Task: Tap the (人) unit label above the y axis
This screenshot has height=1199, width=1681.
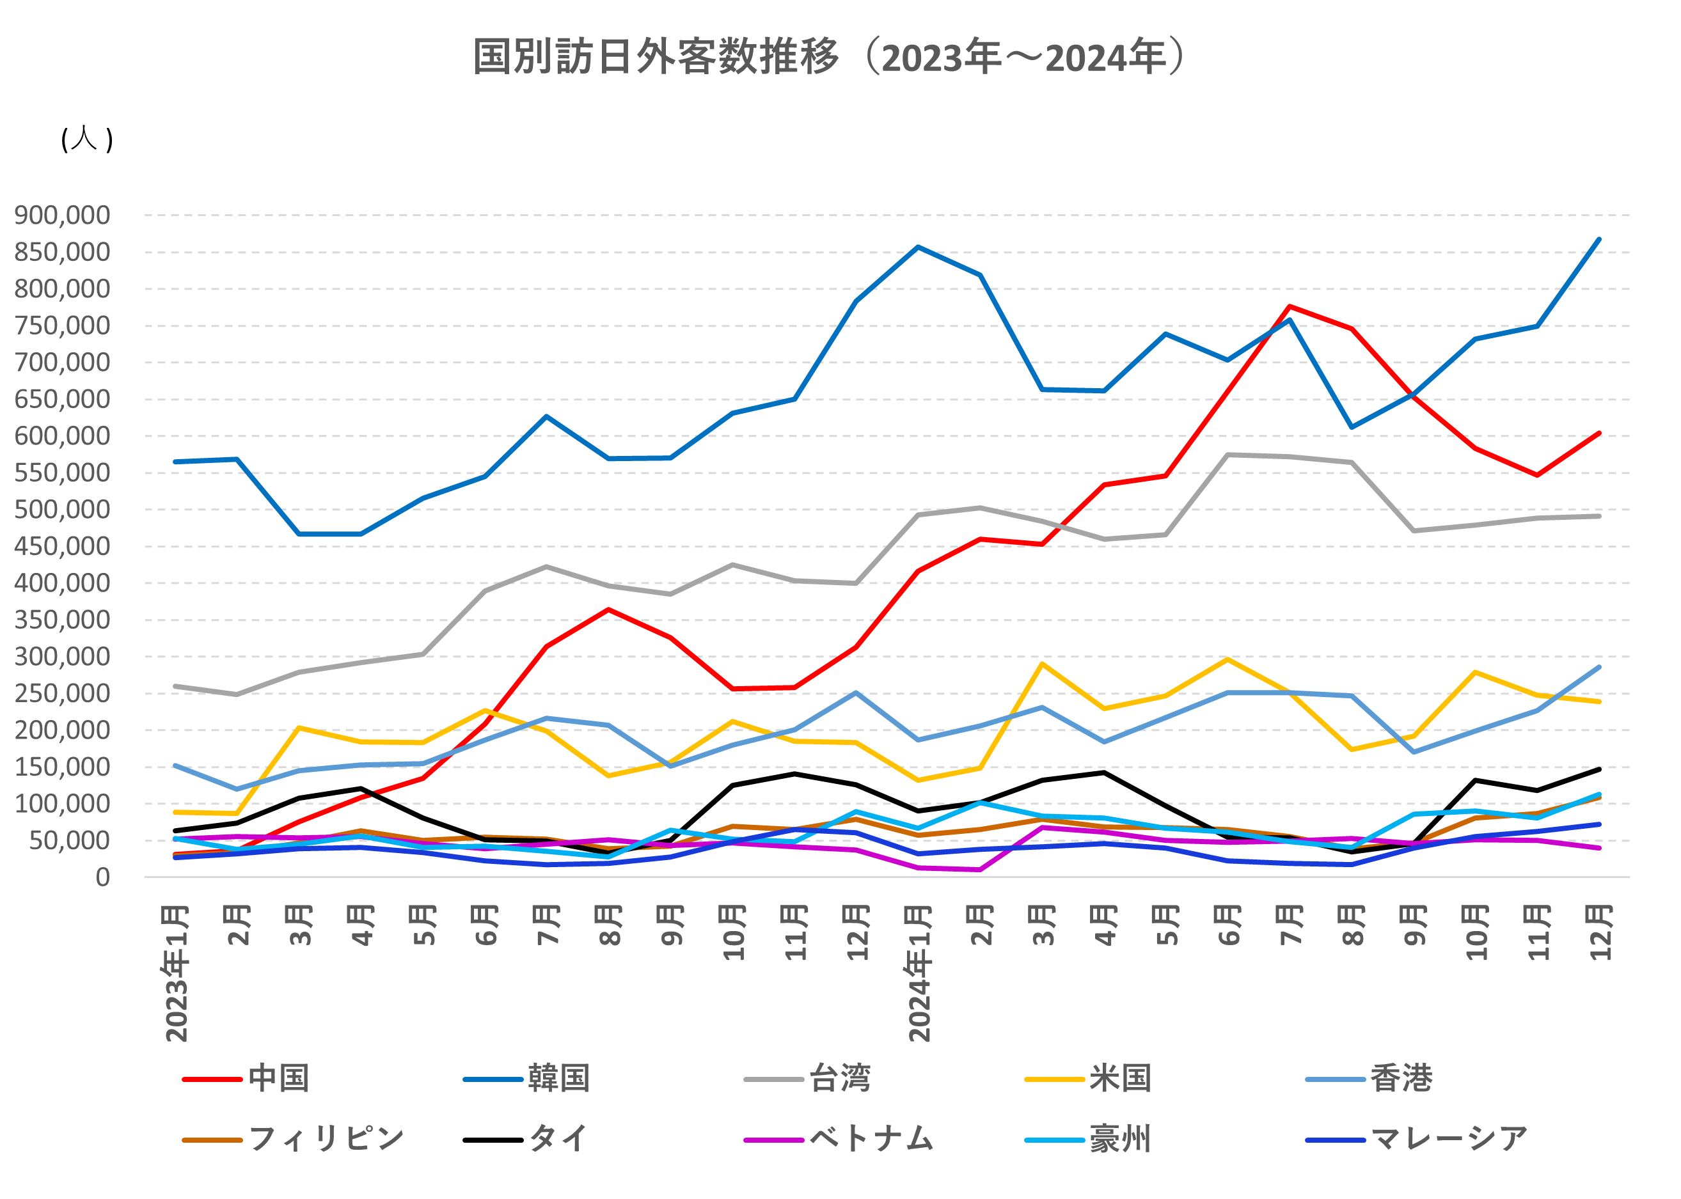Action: tap(86, 139)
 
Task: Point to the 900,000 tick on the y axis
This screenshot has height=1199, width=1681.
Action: tap(62, 215)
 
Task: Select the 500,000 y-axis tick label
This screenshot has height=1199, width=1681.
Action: tap(62, 510)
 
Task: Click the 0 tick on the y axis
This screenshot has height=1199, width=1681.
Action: tap(102, 877)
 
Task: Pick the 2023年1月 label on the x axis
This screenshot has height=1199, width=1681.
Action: tap(177, 973)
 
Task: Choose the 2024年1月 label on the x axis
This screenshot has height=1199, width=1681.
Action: tap(919, 973)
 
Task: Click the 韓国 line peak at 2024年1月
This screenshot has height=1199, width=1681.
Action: tap(918, 247)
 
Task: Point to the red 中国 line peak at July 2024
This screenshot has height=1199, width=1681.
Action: tap(1290, 306)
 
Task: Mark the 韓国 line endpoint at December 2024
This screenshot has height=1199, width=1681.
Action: tap(1599, 239)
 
